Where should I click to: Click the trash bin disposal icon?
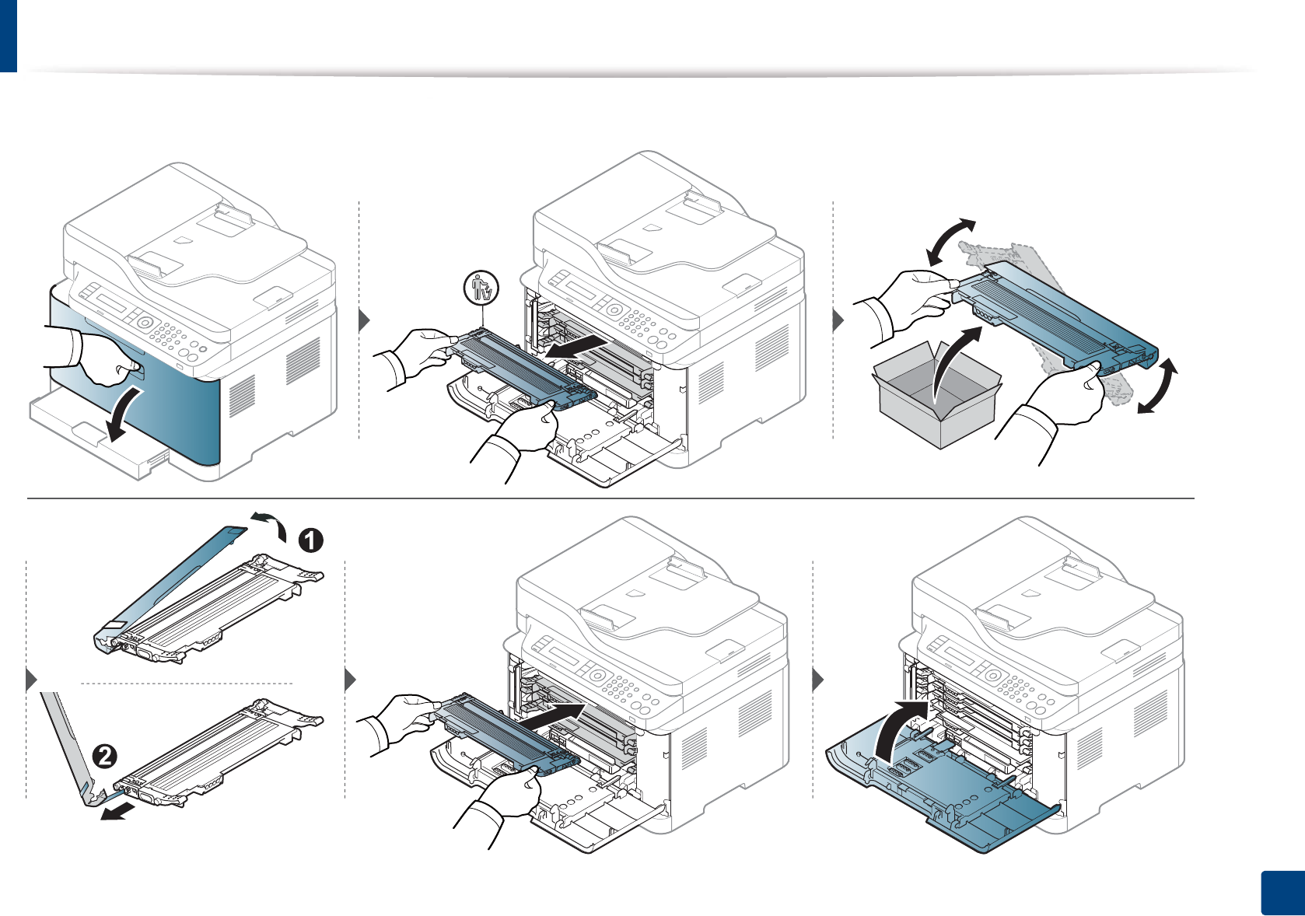[481, 288]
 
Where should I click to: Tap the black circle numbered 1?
[310, 540]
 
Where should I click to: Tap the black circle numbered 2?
[104, 755]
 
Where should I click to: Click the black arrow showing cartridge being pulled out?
[576, 347]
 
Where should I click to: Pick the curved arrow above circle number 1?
[269, 524]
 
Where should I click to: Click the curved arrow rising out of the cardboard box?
[952, 362]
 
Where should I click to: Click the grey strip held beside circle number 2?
[66, 739]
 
